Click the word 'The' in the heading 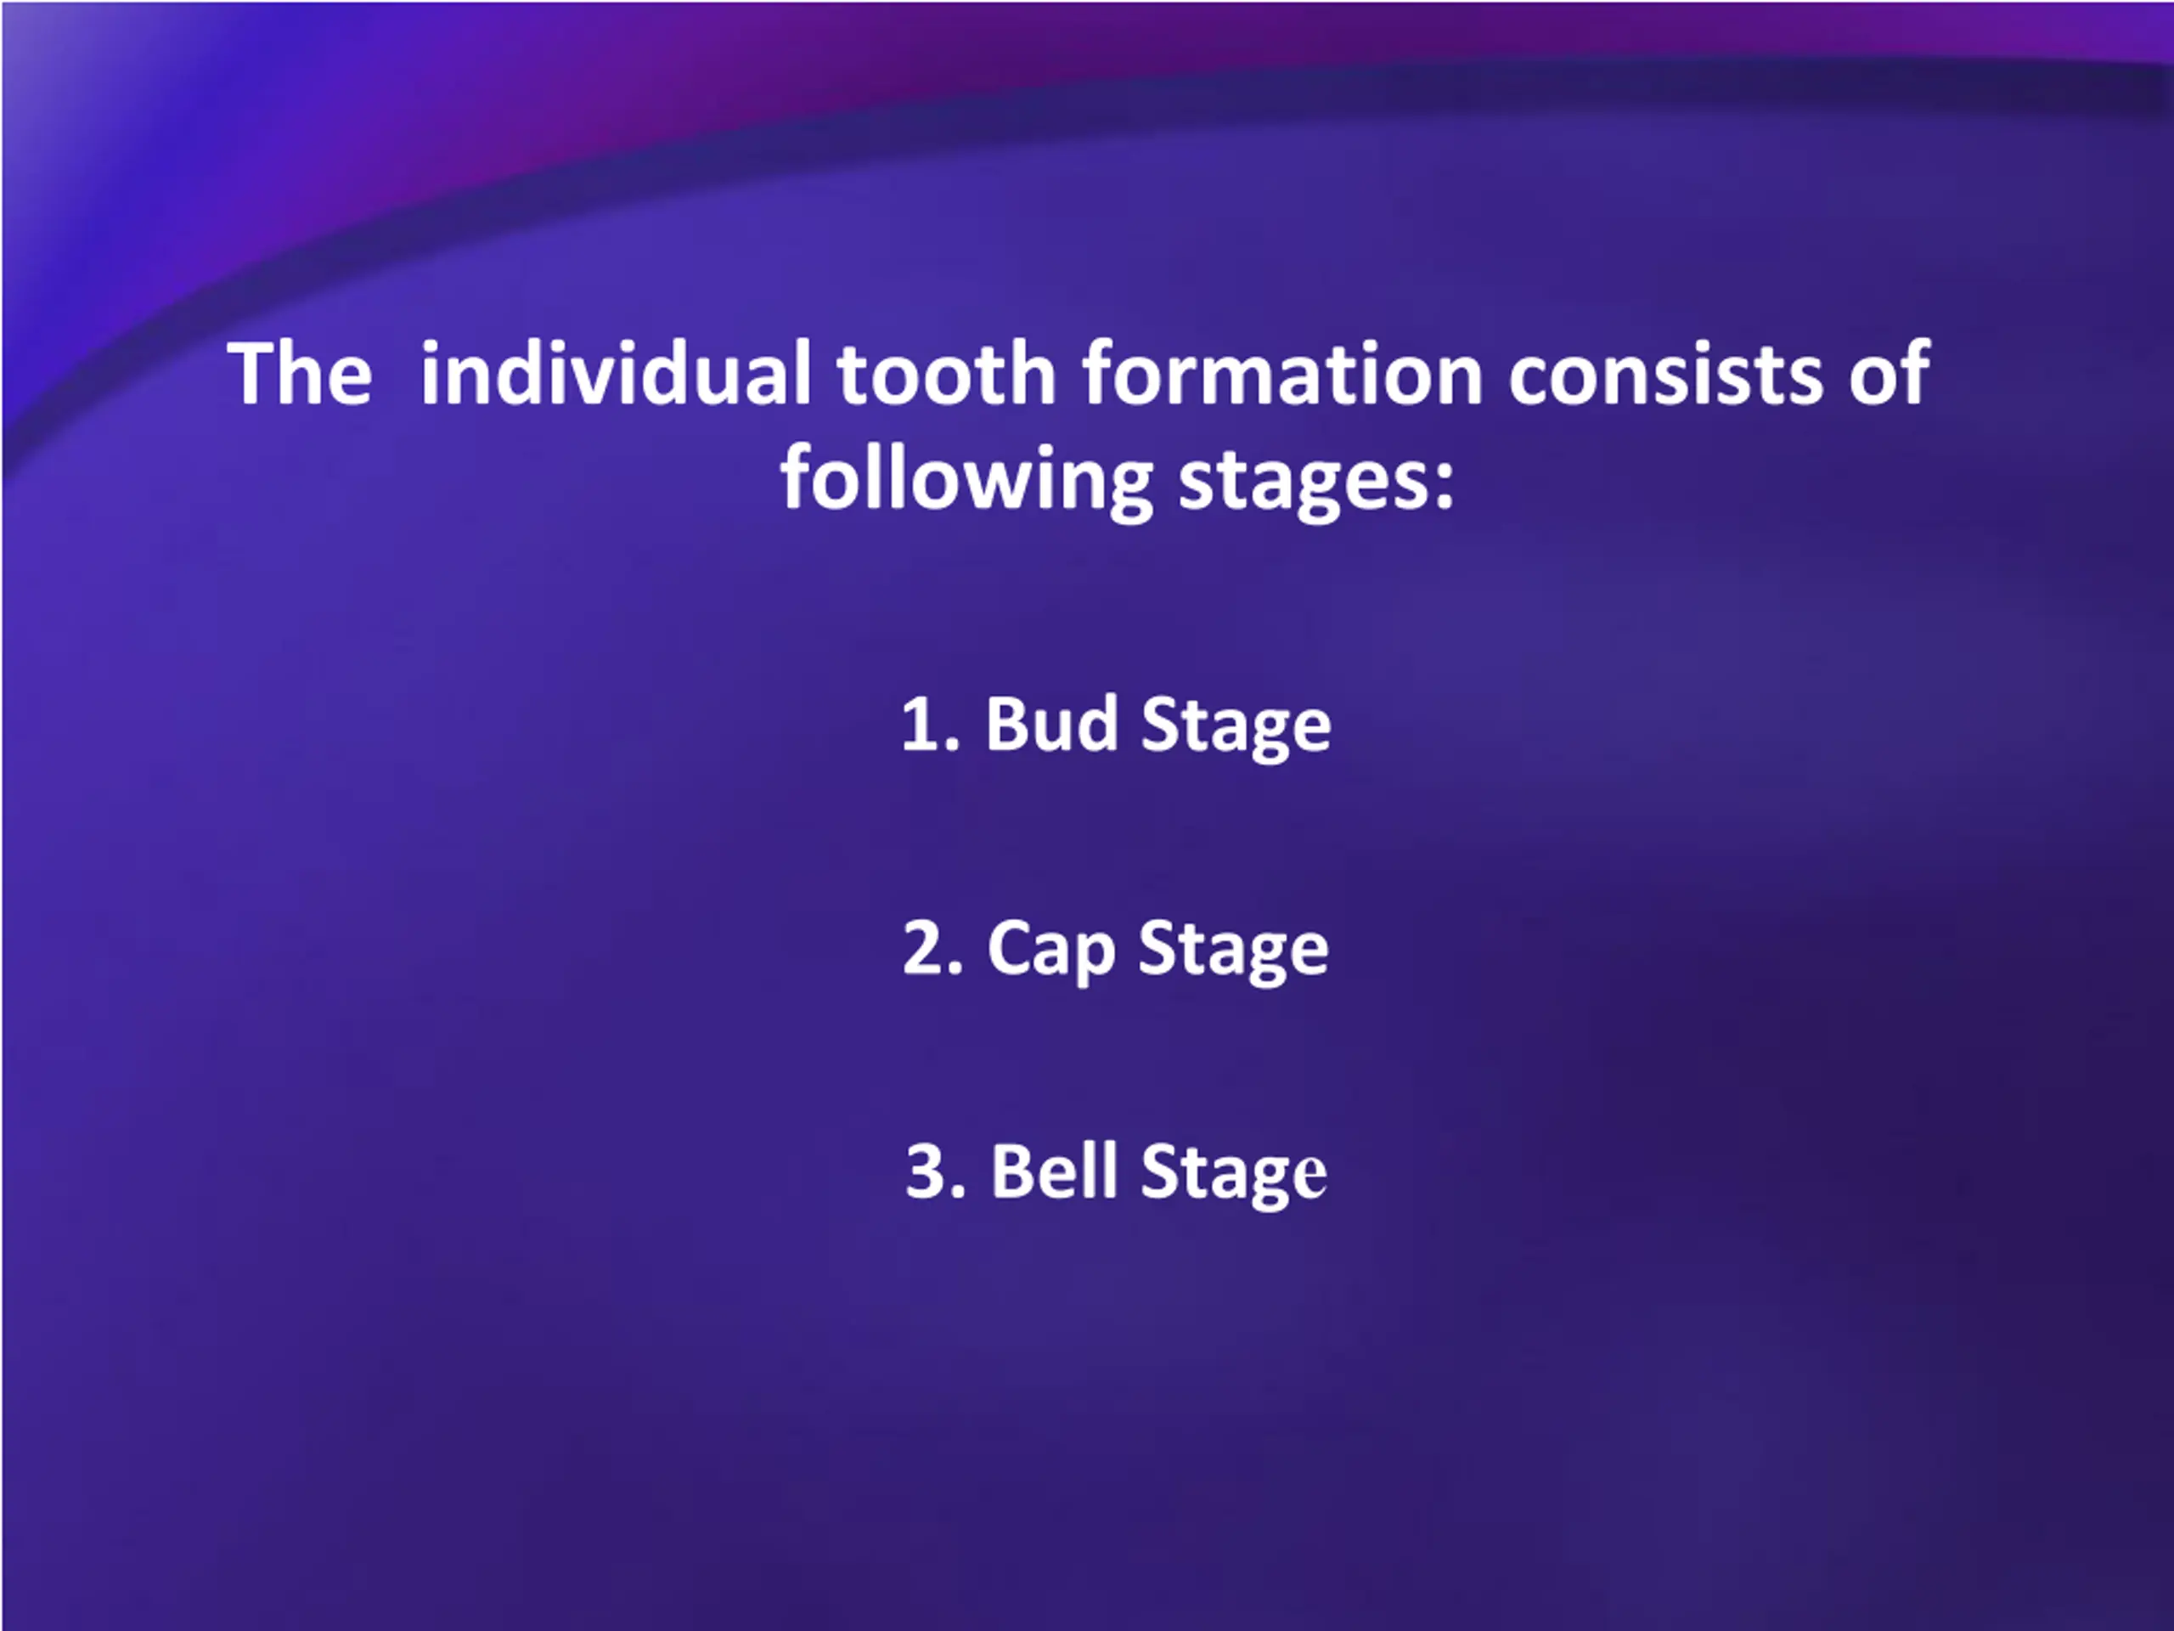point(300,374)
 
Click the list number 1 point(930,725)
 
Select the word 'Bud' point(1051,724)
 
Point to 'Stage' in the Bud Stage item point(1236,727)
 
